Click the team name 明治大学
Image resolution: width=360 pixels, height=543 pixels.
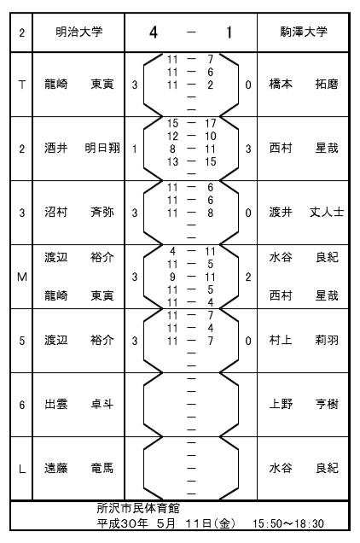[x=79, y=32]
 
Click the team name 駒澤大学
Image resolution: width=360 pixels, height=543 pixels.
[x=304, y=32]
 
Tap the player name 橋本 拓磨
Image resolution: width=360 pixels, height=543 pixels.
[x=304, y=85]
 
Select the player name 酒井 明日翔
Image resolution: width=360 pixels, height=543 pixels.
[x=82, y=149]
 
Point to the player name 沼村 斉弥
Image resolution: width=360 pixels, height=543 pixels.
[x=79, y=212]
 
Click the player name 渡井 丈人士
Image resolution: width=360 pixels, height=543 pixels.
[x=307, y=212]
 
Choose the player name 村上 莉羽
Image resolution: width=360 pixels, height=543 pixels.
[x=304, y=341]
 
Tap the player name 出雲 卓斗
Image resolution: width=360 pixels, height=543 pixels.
[x=79, y=404]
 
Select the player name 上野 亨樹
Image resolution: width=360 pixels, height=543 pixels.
[x=304, y=404]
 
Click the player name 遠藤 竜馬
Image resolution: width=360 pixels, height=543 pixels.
[x=79, y=468]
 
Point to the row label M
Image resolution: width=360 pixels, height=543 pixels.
[x=22, y=277]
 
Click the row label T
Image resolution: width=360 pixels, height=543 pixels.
[x=22, y=85]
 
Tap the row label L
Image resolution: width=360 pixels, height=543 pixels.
[x=22, y=469]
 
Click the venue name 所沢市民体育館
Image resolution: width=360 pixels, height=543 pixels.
[x=138, y=508]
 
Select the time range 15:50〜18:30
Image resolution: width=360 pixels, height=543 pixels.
[x=288, y=523]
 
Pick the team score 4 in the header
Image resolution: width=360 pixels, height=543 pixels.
[x=154, y=32]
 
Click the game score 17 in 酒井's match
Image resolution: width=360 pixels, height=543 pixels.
[x=210, y=123]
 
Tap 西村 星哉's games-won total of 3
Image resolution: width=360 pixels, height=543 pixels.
[x=248, y=149]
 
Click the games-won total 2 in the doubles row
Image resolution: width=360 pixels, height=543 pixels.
[x=248, y=277]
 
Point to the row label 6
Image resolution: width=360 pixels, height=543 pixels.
[x=22, y=405]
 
